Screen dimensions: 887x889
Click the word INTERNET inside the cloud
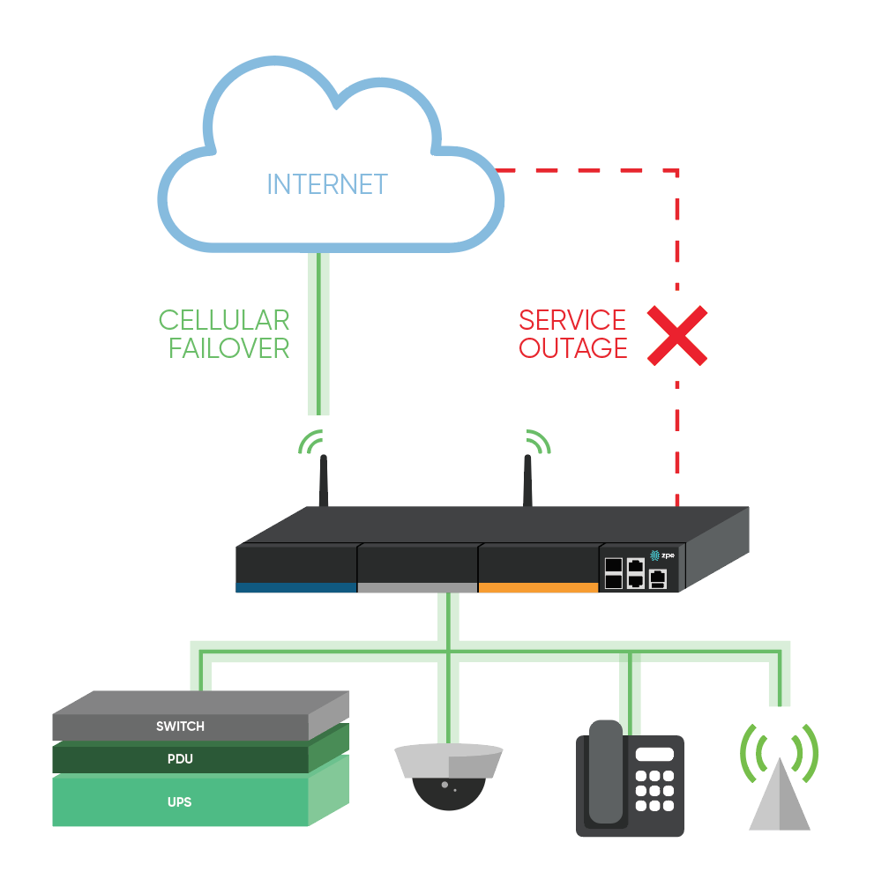(326, 184)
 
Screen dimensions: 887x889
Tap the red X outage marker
(676, 336)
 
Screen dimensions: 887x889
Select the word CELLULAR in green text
(224, 320)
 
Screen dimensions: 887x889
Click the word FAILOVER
(228, 348)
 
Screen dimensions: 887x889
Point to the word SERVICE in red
(572, 320)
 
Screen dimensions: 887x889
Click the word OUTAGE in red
(572, 348)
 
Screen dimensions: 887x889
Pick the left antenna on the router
(324, 481)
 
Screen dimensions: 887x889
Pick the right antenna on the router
(527, 481)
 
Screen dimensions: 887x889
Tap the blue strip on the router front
(295, 586)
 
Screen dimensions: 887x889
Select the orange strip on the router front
(538, 586)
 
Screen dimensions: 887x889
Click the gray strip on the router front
(417, 586)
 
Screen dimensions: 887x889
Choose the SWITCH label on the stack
(180, 727)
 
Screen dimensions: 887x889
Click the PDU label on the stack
(180, 759)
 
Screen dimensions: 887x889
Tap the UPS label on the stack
(180, 802)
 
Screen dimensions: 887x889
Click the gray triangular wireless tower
(780, 797)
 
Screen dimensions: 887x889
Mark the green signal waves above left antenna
(310, 441)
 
